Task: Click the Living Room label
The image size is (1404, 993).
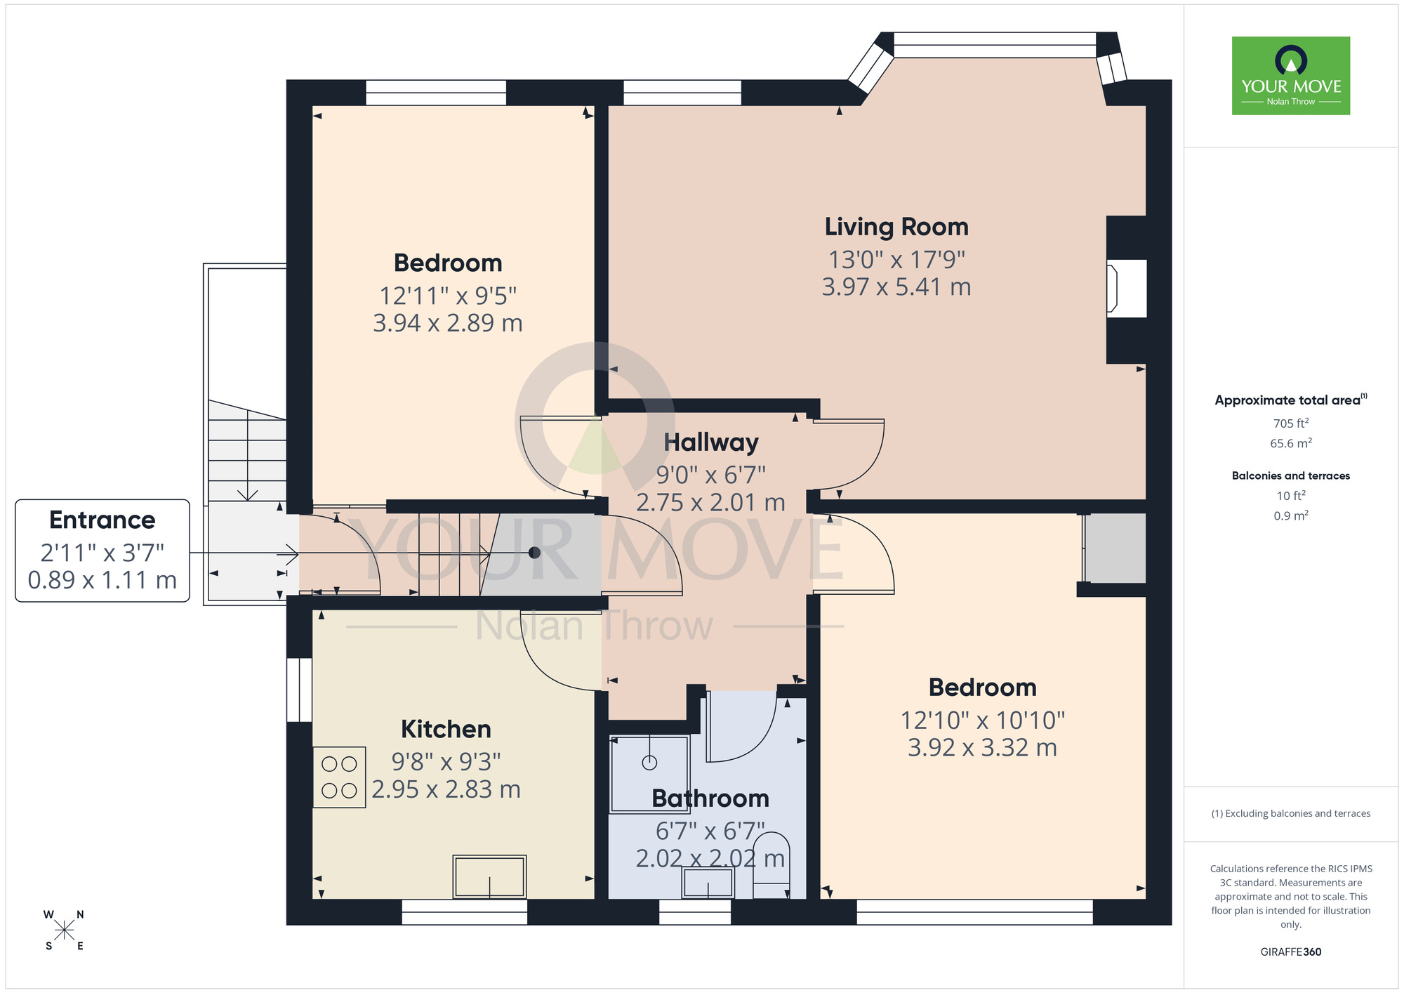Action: coord(896,227)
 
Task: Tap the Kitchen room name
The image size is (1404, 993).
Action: coord(446,729)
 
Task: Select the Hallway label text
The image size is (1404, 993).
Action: coord(710,442)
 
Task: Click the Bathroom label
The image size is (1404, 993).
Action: coord(710,798)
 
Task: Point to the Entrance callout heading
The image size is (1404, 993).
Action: coord(102,520)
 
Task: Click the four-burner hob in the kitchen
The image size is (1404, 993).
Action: coord(339,777)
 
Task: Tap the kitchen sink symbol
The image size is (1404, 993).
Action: coord(489,876)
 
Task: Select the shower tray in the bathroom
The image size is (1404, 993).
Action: coord(649,772)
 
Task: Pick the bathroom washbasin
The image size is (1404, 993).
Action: coord(708,883)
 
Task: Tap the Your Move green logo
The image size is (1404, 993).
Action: coord(1290,76)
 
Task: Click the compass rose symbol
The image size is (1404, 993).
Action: coord(64,930)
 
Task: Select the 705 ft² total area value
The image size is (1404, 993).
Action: coord(1290,423)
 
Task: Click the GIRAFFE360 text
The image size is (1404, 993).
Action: coord(1290,952)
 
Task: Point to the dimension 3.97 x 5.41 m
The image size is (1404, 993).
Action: coord(896,287)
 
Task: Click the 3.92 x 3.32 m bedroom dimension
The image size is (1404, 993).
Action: coord(982,748)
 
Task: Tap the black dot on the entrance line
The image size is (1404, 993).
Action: coord(534,553)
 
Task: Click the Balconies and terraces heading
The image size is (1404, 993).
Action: coord(1290,475)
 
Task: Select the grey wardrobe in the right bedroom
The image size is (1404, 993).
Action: coord(1115,548)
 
